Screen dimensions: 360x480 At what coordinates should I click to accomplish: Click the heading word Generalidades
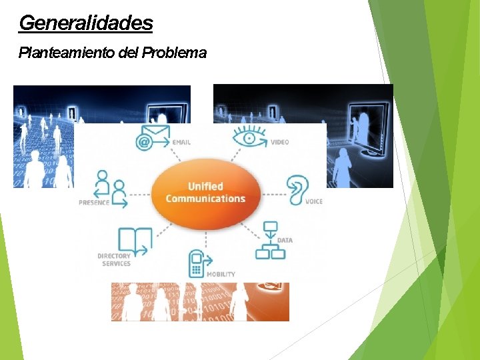(x=86, y=23)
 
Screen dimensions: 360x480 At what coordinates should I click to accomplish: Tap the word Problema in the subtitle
(x=174, y=53)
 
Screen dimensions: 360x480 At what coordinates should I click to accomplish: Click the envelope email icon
(x=153, y=137)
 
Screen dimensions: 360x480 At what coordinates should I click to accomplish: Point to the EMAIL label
(x=181, y=143)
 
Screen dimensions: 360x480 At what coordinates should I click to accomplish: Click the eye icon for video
(x=249, y=137)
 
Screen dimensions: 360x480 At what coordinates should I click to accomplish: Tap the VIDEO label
(x=280, y=143)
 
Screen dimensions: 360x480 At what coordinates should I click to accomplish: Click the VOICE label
(x=313, y=202)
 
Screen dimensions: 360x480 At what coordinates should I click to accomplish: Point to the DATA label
(x=285, y=241)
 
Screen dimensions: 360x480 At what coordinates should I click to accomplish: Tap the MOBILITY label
(x=221, y=275)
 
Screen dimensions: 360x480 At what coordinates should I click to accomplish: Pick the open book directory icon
(x=134, y=241)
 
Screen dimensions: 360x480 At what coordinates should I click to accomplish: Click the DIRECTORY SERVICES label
(x=114, y=260)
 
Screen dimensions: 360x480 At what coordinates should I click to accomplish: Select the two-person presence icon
(x=111, y=189)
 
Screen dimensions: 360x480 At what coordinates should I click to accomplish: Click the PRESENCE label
(x=94, y=203)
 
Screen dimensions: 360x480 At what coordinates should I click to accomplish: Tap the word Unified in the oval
(x=205, y=187)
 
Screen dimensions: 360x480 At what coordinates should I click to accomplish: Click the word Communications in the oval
(x=205, y=199)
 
